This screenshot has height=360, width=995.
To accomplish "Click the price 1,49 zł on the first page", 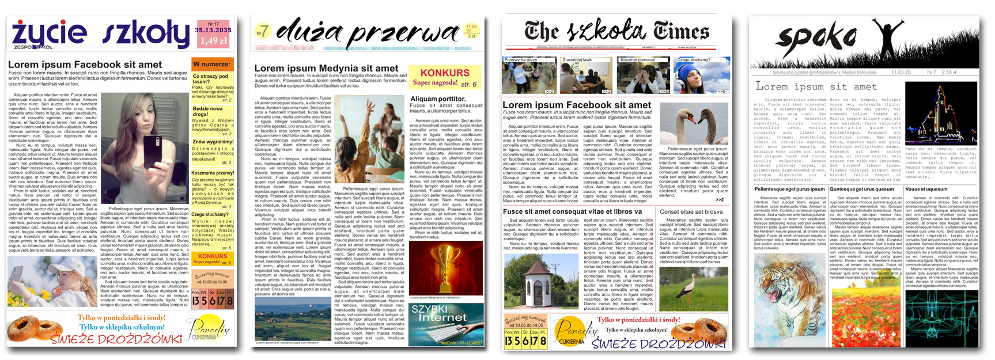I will click(213, 41).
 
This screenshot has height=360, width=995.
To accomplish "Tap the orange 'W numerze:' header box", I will click(212, 64).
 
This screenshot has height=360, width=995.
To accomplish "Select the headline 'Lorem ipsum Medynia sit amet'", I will click(327, 68).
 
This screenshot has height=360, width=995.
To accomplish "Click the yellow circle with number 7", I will click(263, 31).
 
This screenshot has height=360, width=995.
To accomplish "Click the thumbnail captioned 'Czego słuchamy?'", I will click(701, 75).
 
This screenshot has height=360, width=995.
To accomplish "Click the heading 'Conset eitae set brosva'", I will click(691, 212).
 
